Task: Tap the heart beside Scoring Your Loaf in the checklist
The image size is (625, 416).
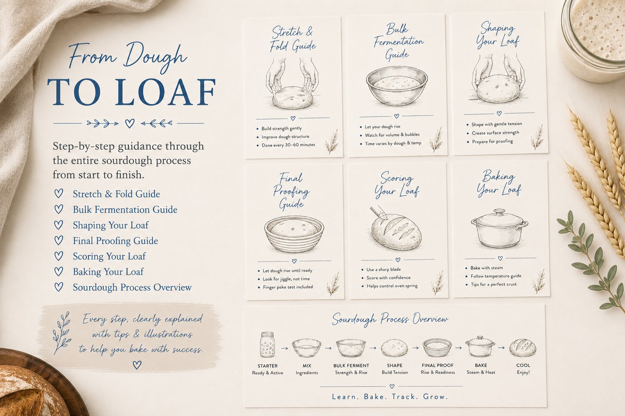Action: click(59, 256)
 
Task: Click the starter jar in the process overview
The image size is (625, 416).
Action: click(267, 345)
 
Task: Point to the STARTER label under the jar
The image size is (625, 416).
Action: click(267, 366)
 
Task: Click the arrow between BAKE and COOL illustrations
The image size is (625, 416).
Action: click(501, 348)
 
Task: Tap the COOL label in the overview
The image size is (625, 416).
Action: click(523, 365)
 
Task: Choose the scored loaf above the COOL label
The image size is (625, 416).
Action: click(522, 348)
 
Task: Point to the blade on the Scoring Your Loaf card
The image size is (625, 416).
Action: click(379, 212)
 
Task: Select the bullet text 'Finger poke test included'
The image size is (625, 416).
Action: click(287, 287)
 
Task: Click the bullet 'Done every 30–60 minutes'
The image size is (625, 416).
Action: click(288, 145)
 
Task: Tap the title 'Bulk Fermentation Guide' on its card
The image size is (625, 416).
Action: click(398, 42)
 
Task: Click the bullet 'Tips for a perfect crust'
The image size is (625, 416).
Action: click(493, 285)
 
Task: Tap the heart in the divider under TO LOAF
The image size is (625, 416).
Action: click(130, 123)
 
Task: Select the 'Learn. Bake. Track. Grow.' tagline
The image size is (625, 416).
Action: click(390, 396)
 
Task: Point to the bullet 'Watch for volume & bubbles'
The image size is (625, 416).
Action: click(392, 135)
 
